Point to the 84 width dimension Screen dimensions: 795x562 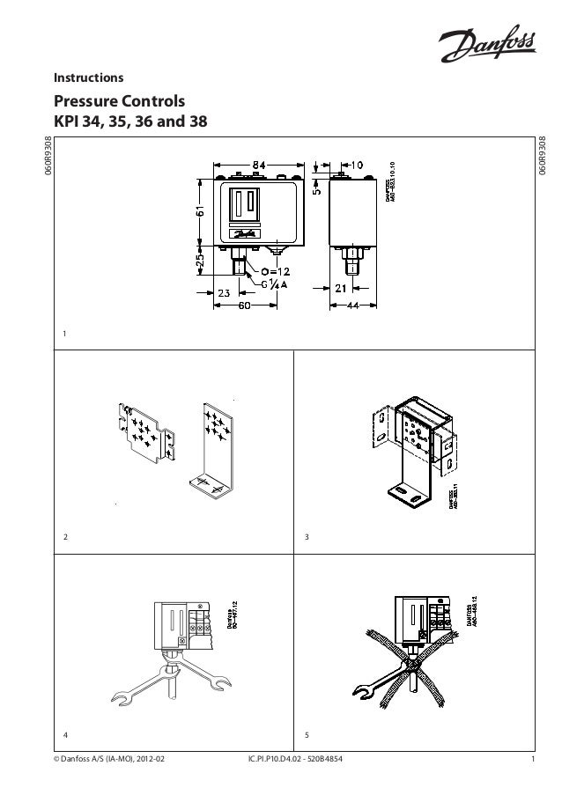tap(263, 165)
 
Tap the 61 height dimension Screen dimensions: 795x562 tap(200, 215)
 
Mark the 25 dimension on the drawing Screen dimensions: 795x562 tap(200, 262)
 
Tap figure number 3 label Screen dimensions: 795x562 tap(305, 536)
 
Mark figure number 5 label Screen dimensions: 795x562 tap(305, 732)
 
